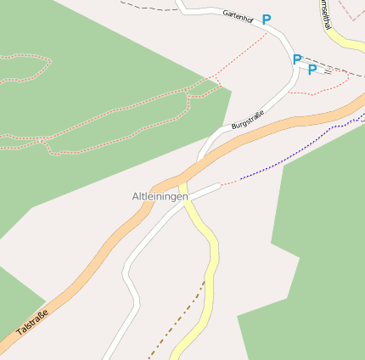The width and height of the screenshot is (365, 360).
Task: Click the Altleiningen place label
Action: point(160,197)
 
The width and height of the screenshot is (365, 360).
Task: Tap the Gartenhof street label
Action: point(239,14)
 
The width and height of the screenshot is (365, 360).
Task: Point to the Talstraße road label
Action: point(31,324)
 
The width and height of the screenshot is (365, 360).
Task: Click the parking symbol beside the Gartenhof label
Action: point(267,19)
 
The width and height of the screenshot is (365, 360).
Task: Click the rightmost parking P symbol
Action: point(312,70)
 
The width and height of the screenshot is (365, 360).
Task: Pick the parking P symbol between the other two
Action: point(296,59)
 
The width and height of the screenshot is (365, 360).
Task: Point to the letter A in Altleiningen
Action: point(135,197)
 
